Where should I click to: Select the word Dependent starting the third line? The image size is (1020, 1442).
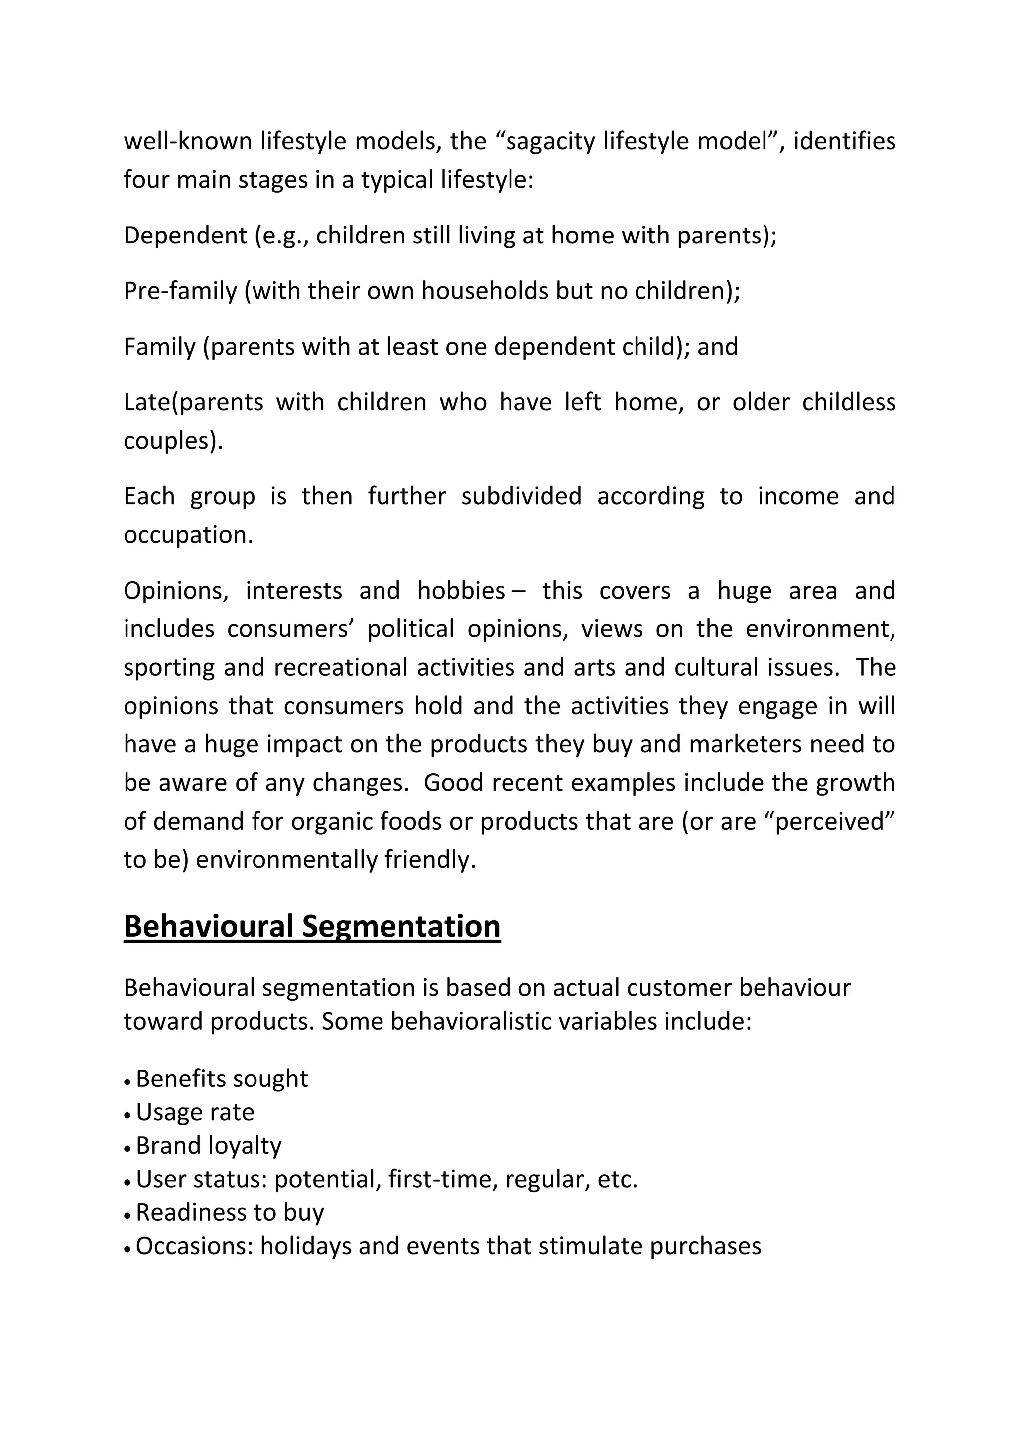pos(185,236)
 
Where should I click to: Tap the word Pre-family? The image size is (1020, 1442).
pos(180,291)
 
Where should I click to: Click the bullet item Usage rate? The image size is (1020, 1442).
pos(195,1112)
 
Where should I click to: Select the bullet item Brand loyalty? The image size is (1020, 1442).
pos(209,1146)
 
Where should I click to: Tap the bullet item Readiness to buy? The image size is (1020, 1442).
pos(230,1212)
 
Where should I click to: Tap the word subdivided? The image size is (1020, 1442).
pos(521,496)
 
